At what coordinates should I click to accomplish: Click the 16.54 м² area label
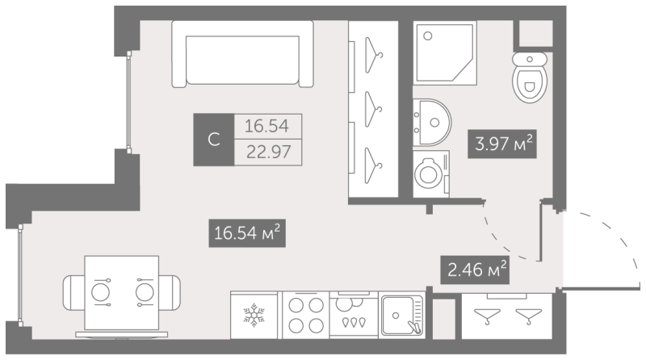[247, 233]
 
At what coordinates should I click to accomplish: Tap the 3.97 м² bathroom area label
[502, 144]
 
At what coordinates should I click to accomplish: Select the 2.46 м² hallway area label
[475, 270]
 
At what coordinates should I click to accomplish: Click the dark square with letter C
[214, 140]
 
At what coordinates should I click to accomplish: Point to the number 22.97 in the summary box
[268, 152]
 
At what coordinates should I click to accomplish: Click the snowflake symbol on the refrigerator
[254, 315]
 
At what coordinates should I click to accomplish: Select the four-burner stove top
[306, 315]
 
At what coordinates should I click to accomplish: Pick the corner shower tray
[445, 53]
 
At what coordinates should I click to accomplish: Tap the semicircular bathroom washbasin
[432, 123]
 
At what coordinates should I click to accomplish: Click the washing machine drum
[428, 174]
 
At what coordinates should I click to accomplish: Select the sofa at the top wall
[243, 54]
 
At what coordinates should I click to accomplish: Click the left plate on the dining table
[100, 292]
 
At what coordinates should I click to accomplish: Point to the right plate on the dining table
[145, 292]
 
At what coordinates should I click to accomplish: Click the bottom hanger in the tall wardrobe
[374, 165]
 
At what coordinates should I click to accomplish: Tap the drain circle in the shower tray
[428, 36]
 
